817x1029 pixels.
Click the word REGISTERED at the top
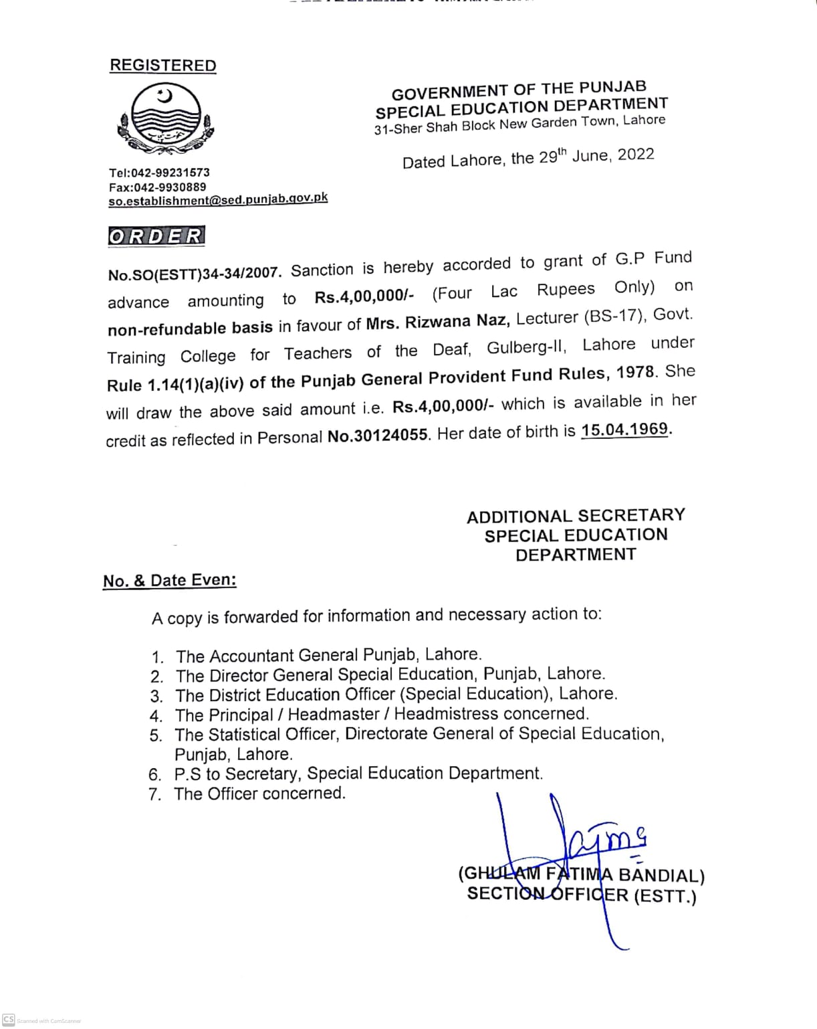pyautogui.click(x=163, y=66)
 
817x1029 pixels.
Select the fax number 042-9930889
pyautogui.click(x=170, y=187)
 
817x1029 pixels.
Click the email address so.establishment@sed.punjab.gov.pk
pyautogui.click(x=218, y=200)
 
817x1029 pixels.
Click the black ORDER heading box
pyautogui.click(x=156, y=236)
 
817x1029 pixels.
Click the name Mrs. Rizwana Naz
pyautogui.click(x=438, y=322)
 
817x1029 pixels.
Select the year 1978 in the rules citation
pyautogui.click(x=635, y=373)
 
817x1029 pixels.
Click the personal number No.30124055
pyautogui.click(x=378, y=436)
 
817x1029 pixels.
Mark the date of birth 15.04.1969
pyautogui.click(x=624, y=430)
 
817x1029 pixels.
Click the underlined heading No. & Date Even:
pyautogui.click(x=170, y=580)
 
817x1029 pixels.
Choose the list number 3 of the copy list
pyautogui.click(x=156, y=696)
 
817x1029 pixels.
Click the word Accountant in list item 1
pyautogui.click(x=251, y=656)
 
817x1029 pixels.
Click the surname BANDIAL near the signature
pyautogui.click(x=661, y=875)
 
